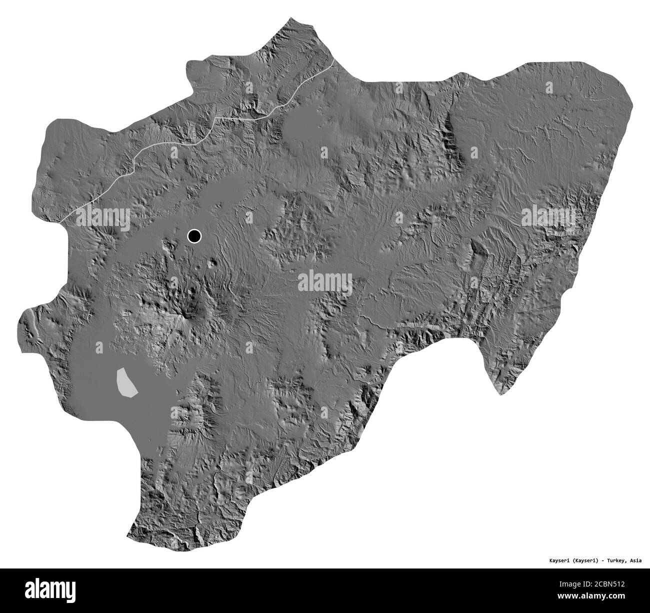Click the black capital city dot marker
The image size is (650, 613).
(x=194, y=235)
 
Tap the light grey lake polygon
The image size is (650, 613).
(x=125, y=382)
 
